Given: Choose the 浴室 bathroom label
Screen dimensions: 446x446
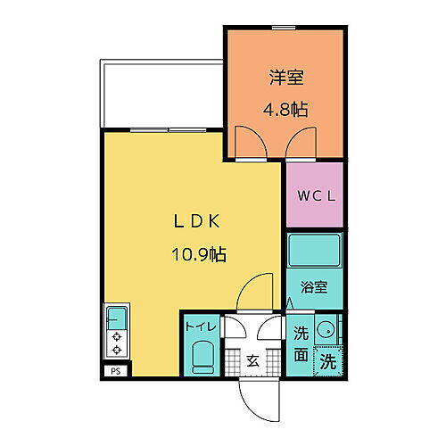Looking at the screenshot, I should [315, 288].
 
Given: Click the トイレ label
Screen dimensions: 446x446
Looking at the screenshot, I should [200, 326].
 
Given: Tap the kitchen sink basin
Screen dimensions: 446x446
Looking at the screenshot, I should [116, 317].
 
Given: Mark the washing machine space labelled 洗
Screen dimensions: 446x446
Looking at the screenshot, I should [328, 362].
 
